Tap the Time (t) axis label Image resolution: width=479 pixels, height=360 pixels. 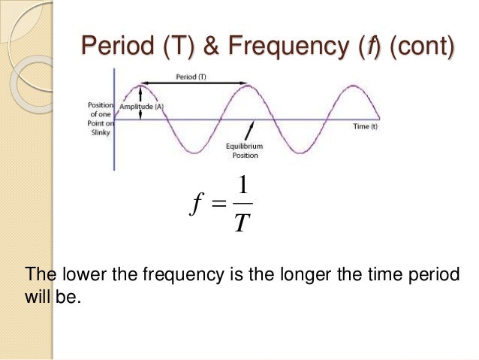[x=366, y=126]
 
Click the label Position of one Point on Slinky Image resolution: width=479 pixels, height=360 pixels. [x=100, y=119]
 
